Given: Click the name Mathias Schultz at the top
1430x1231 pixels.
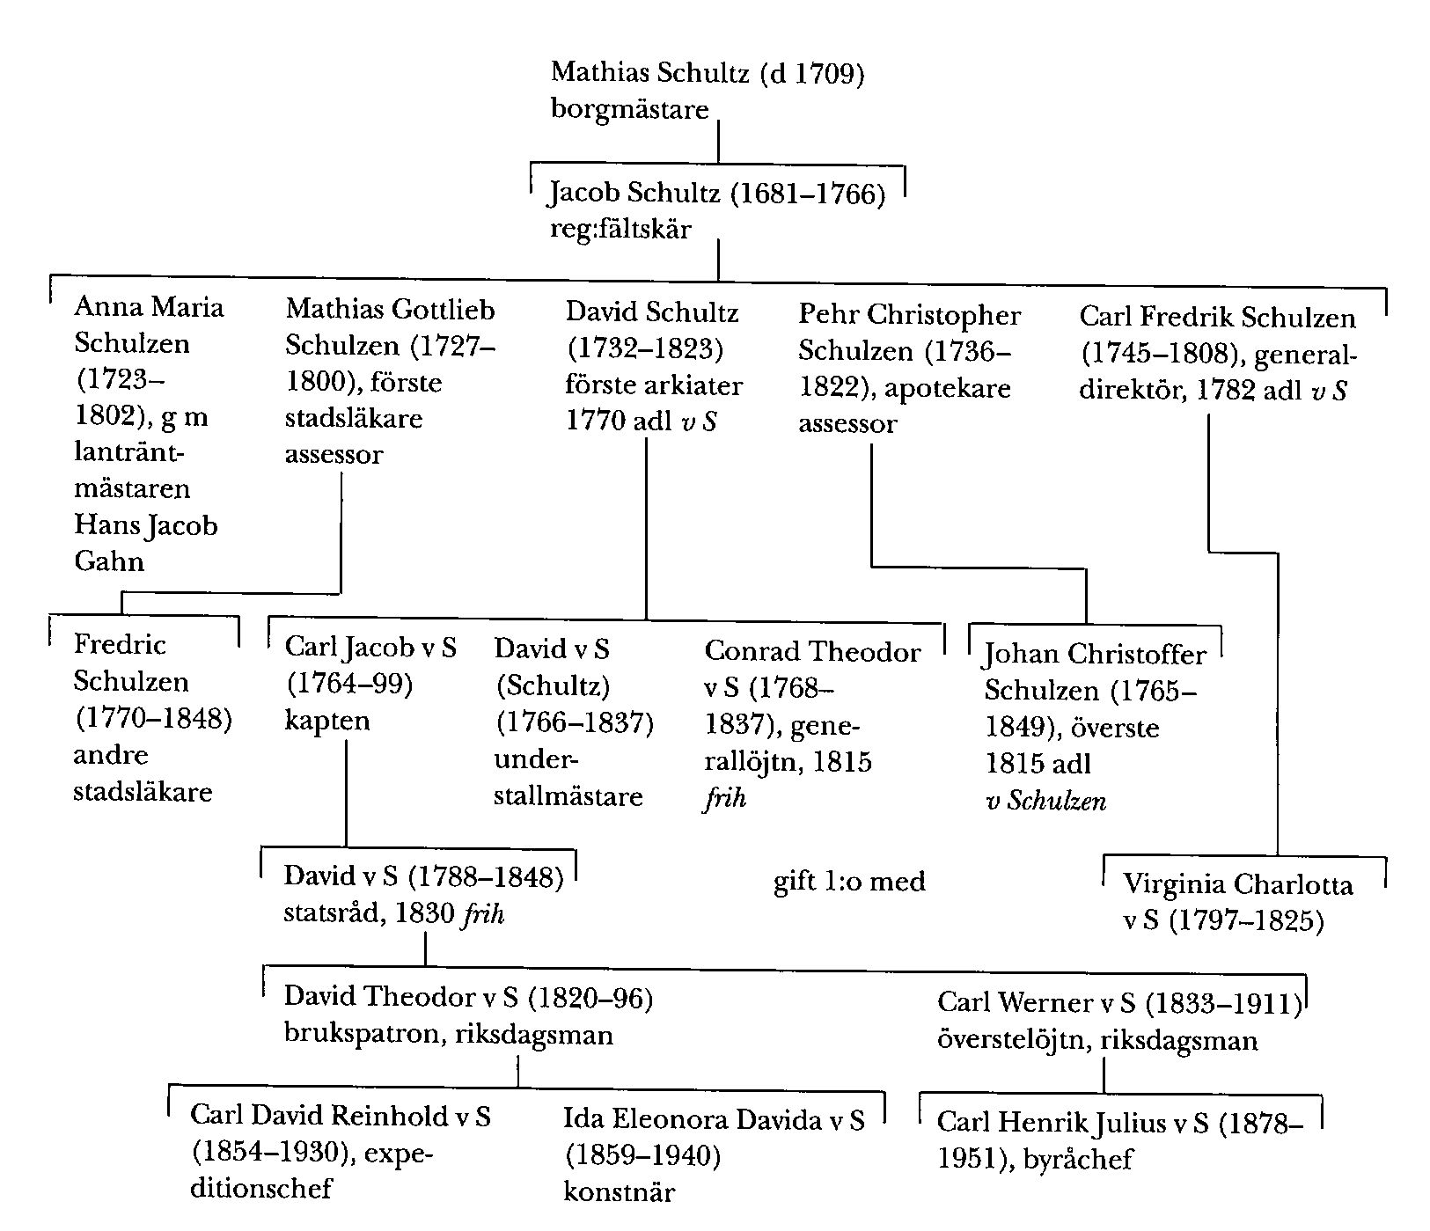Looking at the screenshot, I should (650, 73).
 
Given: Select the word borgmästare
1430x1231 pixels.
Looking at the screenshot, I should (629, 110).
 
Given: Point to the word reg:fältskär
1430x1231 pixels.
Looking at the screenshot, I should (620, 230).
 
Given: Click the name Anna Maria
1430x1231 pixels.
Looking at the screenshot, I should (149, 307).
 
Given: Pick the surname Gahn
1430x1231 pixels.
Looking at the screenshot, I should (108, 561).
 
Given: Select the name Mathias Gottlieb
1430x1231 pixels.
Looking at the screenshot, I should (390, 310).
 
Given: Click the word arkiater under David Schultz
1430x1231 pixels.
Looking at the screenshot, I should (690, 385).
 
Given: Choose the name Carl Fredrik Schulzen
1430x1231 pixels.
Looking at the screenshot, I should (1217, 318).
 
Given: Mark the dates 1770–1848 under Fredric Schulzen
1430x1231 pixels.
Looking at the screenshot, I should (153, 719).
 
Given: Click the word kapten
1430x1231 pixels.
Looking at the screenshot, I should (327, 721).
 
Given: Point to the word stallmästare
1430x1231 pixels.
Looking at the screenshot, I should (568, 796).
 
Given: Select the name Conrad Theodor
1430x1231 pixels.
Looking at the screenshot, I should (812, 652).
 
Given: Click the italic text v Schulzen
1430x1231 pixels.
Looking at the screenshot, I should (1045, 801).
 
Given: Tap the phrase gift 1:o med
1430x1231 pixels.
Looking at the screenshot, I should (849, 881).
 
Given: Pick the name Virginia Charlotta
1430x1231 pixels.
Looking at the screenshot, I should (1238, 884).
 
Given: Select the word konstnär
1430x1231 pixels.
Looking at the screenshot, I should (620, 1193).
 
